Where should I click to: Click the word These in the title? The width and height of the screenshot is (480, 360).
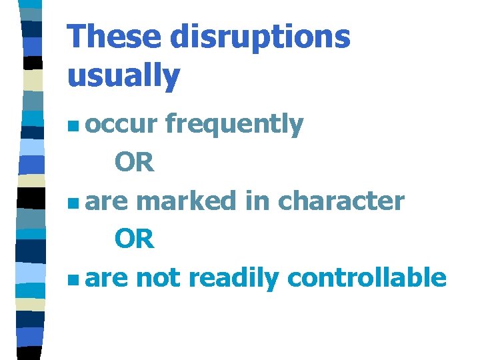pyautogui.click(x=114, y=36)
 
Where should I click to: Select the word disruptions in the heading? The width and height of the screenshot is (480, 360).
pyautogui.click(x=259, y=37)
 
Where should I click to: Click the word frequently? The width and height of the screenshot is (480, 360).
pyautogui.click(x=234, y=125)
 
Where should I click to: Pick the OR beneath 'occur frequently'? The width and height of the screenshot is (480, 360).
pyautogui.click(x=134, y=162)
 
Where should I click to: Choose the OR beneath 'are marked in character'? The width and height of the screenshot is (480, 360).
pyautogui.click(x=134, y=239)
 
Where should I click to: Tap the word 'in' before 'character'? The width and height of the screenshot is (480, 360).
pyautogui.click(x=257, y=201)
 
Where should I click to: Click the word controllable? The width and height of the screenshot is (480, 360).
pyautogui.click(x=366, y=278)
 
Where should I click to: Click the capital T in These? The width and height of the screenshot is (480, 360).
pyautogui.click(x=77, y=36)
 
